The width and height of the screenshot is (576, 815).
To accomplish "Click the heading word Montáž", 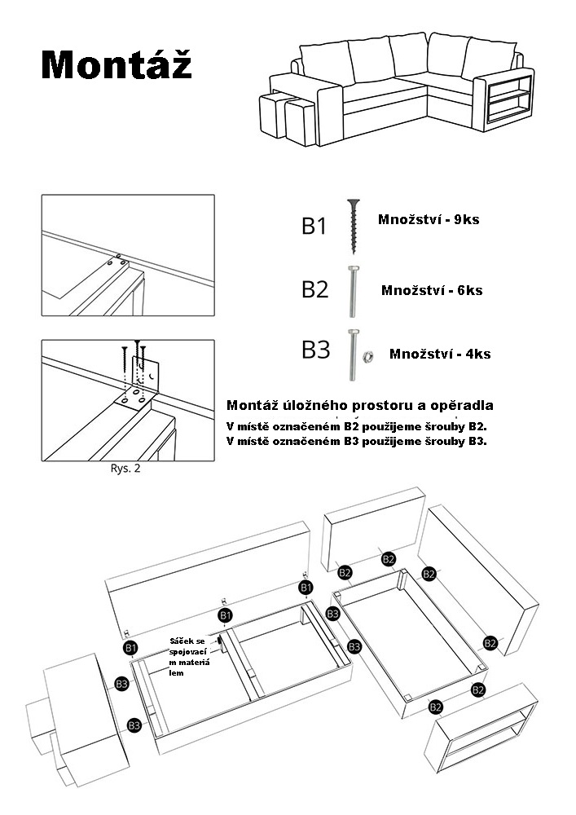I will [117, 64].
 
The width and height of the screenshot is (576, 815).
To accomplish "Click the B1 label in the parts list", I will [314, 226].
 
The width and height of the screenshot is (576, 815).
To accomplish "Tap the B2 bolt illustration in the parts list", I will [353, 291].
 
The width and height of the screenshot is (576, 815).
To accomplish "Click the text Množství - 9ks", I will [429, 220].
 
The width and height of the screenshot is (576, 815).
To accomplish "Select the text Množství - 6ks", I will [431, 290].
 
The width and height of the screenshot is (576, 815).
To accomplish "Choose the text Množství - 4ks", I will [440, 354].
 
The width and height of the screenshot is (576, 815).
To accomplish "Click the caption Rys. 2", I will [125, 469].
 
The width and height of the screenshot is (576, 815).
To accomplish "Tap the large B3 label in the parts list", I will [315, 351].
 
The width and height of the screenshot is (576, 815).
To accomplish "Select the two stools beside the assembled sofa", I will [284, 119].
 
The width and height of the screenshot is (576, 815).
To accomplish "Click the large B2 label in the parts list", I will [314, 289].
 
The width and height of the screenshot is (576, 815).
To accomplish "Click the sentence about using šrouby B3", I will [357, 441].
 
